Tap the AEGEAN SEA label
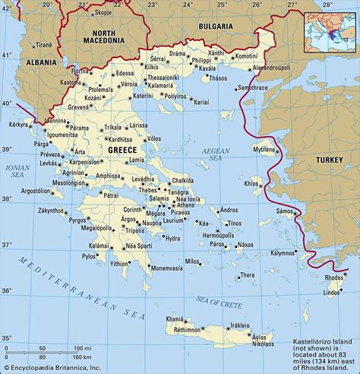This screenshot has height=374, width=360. point(215,157)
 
